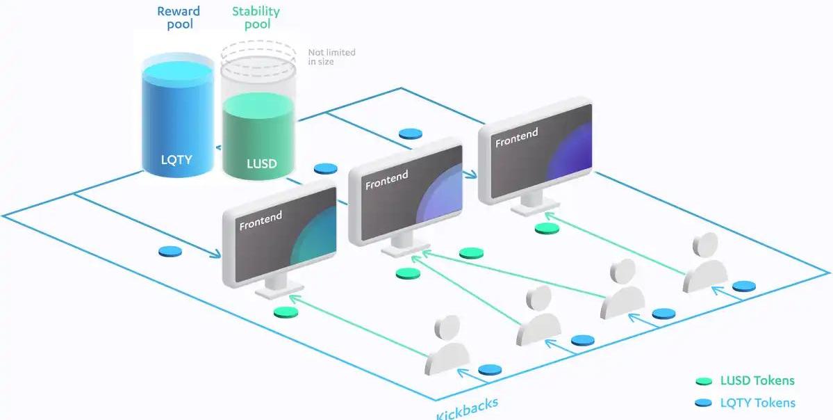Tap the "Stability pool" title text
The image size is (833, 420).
coord(256,17)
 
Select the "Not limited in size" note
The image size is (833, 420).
coord(331,57)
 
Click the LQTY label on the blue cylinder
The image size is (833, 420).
coord(176,160)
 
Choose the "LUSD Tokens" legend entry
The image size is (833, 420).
coord(757,380)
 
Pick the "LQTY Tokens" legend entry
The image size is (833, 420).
coord(757,402)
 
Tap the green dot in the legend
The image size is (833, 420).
coord(704,381)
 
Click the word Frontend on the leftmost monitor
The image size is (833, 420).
coord(261,220)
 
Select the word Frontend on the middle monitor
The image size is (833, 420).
coord(386,180)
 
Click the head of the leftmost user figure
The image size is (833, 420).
coord(446,328)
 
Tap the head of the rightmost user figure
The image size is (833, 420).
coord(705,244)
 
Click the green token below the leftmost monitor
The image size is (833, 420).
coord(285,313)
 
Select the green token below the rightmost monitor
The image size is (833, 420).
coord(547,228)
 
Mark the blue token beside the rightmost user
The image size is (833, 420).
coord(743,286)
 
